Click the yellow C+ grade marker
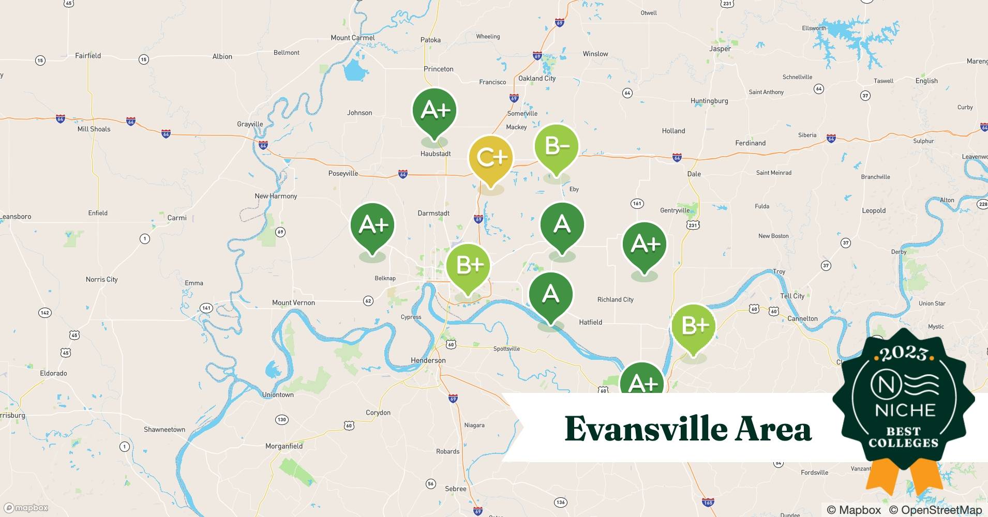(x=490, y=158)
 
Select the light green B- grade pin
(x=556, y=147)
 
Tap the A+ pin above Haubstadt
(x=435, y=110)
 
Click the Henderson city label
(x=428, y=360)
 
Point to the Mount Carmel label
(x=352, y=38)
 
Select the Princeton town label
(x=438, y=69)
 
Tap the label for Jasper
(x=720, y=49)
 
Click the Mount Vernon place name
(x=293, y=302)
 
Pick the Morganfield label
(x=283, y=446)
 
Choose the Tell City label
(x=792, y=296)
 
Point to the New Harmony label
(x=276, y=196)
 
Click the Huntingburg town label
(x=709, y=101)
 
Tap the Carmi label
(x=176, y=218)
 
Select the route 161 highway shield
(x=637, y=203)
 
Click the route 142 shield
(x=45, y=312)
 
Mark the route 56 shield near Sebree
(x=430, y=484)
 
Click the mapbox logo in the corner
(x=26, y=508)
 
